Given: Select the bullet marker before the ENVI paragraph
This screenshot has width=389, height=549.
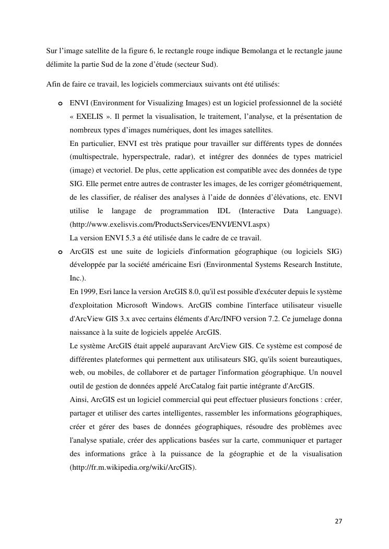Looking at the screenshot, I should click(61, 103).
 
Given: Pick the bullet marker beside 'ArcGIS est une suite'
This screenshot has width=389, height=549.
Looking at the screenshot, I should click(61, 252).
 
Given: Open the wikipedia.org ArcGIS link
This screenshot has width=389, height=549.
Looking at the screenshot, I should click(133, 468).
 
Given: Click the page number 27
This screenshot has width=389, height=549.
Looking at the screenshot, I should click(338, 521).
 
